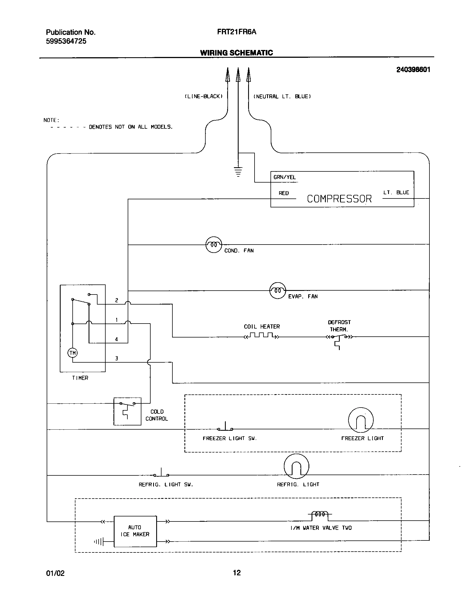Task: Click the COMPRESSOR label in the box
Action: click(339, 199)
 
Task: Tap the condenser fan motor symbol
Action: click(214, 245)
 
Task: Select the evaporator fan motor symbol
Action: click(277, 290)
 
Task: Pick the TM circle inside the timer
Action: click(73, 353)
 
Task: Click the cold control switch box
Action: click(127, 411)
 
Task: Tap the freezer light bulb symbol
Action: click(361, 420)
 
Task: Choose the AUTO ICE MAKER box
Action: click(135, 531)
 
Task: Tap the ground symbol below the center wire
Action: click(238, 172)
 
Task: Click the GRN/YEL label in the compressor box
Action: click(285, 177)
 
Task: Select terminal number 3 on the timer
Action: click(117, 358)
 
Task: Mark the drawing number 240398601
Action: click(413, 70)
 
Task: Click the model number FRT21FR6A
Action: click(236, 32)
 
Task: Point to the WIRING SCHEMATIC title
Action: click(236, 53)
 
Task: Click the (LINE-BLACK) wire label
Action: click(204, 97)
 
